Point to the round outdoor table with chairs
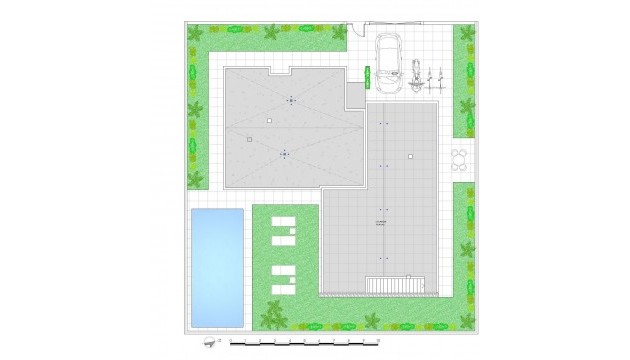tap(460, 160)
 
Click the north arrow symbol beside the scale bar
tap(208, 342)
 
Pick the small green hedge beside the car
tap(369, 77)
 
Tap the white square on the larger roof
tap(410, 156)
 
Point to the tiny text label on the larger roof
tap(380, 222)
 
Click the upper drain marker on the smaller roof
tap(291, 100)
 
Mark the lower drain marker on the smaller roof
tap(285, 154)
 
